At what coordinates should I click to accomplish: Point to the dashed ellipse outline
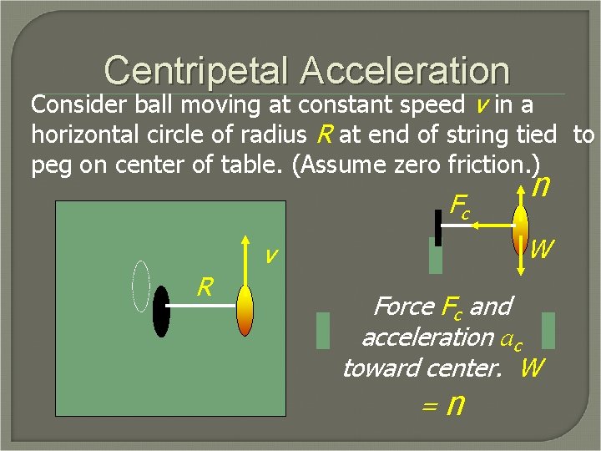click(x=141, y=286)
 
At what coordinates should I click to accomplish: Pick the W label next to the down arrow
click(x=541, y=248)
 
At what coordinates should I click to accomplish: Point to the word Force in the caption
click(x=404, y=307)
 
